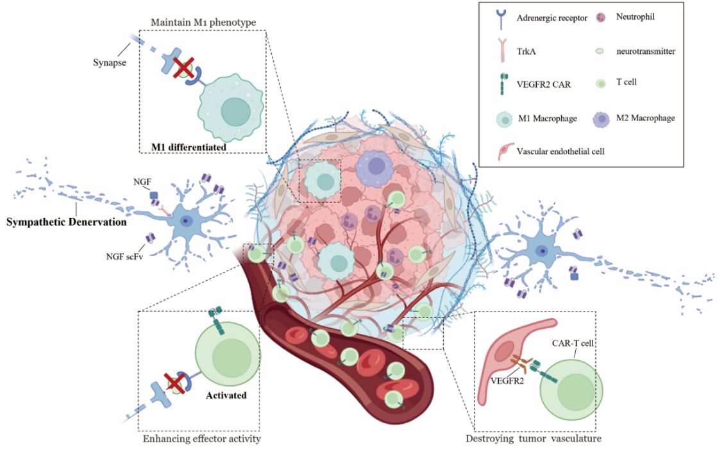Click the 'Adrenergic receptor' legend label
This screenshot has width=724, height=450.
(551, 17)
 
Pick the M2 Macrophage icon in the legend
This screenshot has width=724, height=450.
(601, 118)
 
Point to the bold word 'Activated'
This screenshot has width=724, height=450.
(226, 395)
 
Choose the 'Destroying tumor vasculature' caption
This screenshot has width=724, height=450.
(534, 439)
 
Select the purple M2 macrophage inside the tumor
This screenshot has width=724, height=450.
(379, 169)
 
